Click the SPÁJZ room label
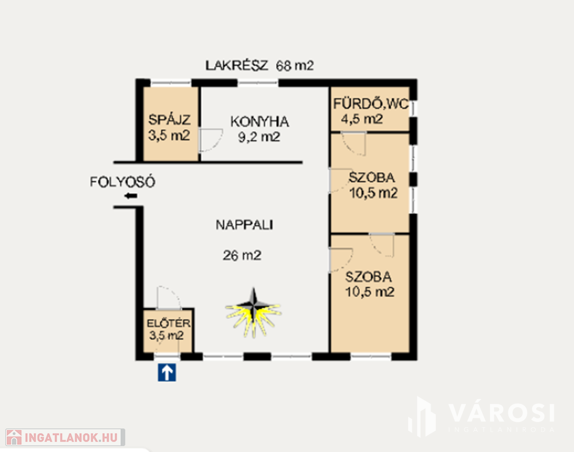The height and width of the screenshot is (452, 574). (169, 120)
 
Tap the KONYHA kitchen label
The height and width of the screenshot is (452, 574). (259, 122)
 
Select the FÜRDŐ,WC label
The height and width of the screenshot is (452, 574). (371, 104)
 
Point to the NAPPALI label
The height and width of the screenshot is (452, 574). (244, 225)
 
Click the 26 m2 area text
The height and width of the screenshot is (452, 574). (242, 255)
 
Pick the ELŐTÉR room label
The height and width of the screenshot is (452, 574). (168, 323)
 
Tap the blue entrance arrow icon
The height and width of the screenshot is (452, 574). (167, 373)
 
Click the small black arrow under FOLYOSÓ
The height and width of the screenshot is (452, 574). (131, 196)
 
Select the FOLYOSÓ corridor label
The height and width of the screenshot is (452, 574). (123, 182)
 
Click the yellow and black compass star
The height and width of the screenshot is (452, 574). (253, 313)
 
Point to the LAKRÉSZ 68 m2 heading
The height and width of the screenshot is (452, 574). (259, 65)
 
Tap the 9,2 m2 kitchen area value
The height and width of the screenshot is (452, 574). (259, 137)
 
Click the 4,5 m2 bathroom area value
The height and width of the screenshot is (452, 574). (362, 119)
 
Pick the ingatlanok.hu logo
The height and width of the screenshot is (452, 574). (65, 437)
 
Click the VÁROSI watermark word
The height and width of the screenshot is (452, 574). (502, 413)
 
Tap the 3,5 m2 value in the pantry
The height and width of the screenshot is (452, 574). (169, 135)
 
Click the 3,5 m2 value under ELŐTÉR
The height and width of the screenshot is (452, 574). (166, 335)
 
